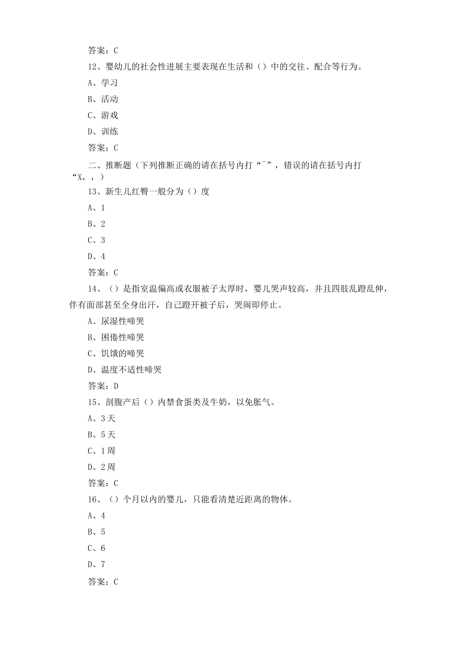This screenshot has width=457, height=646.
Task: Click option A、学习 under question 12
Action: click(x=102, y=83)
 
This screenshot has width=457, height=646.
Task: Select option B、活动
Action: click(x=102, y=99)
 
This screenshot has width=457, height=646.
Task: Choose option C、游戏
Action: click(x=102, y=115)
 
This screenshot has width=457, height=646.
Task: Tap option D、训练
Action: click(x=102, y=132)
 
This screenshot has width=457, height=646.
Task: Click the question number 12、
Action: click(x=94, y=67)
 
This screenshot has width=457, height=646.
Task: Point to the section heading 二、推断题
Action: click(x=110, y=165)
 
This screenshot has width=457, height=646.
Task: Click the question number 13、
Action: click(x=94, y=192)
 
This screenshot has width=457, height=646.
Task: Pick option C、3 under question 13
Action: click(x=96, y=240)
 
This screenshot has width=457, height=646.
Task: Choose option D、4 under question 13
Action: click(x=96, y=257)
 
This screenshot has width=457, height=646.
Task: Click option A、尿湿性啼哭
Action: click(x=115, y=322)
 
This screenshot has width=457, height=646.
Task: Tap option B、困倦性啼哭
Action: click(x=115, y=337)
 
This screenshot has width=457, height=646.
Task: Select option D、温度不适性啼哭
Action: click(x=124, y=370)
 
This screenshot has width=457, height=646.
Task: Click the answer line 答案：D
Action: click(x=103, y=386)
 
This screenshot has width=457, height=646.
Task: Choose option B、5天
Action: click(x=102, y=435)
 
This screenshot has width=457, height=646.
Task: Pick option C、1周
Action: click(x=101, y=451)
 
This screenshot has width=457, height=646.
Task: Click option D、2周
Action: click(x=101, y=467)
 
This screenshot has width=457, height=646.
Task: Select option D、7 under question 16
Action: click(x=96, y=564)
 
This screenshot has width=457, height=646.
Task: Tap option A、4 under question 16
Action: click(x=96, y=516)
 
